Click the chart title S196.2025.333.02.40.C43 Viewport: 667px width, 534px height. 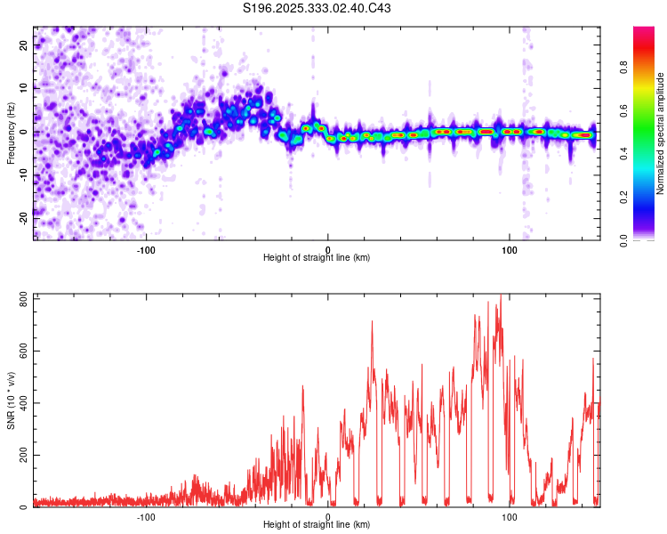(x=317, y=8)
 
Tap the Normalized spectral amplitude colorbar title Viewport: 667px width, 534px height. (x=661, y=133)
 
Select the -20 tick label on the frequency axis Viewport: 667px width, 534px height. (x=22, y=216)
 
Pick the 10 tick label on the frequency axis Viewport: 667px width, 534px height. (x=24, y=87)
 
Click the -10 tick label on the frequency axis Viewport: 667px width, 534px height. (x=22, y=174)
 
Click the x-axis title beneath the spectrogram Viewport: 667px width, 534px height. (x=317, y=258)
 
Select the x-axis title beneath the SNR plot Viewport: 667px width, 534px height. (x=317, y=525)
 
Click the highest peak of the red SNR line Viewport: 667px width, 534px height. (x=501, y=296)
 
